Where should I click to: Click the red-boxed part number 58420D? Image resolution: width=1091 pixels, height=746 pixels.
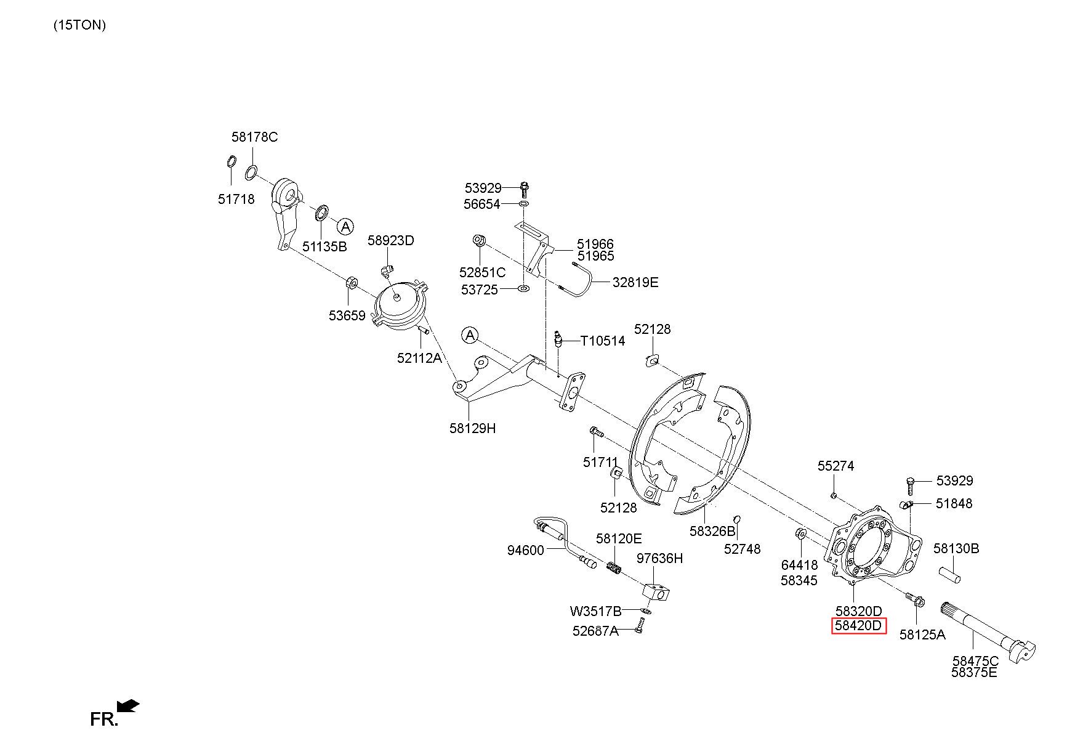pos(858,626)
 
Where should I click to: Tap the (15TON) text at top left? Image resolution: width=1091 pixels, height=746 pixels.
pos(79,25)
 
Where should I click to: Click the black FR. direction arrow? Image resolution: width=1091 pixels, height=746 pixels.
pos(128,705)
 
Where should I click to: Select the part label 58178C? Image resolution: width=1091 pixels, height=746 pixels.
pos(254,137)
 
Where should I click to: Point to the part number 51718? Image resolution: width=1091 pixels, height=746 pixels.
pos(236,199)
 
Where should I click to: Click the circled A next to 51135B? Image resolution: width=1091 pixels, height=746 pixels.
pos(346,226)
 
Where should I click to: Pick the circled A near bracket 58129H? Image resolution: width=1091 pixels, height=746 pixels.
pos(470,335)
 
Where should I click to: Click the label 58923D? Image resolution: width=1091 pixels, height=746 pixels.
pos(391,240)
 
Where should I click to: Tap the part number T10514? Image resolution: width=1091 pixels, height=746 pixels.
pos(602,341)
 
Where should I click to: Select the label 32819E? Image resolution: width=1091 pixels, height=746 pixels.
pos(635,282)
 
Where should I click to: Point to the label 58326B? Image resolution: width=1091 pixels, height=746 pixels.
pos(712,531)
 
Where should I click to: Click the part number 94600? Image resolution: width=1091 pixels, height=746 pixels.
pos(525,550)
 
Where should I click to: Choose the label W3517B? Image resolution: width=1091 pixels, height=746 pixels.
pos(595,611)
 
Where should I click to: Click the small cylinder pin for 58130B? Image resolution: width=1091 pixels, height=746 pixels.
pos(950,574)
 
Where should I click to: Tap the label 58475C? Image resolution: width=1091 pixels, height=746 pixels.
pos(975,662)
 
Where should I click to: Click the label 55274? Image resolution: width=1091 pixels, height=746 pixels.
pos(835,466)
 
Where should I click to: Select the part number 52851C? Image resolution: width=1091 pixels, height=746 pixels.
pos(482,272)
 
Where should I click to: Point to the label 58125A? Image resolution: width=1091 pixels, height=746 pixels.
pos(922,634)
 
